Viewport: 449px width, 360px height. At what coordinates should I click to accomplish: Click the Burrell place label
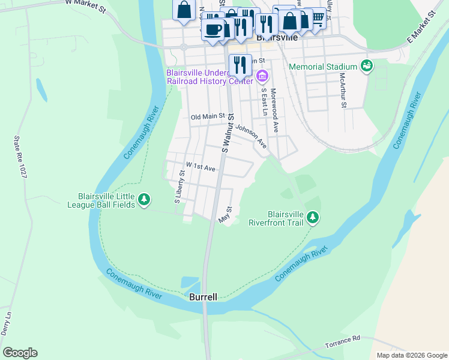pyautogui.click(x=203, y=297)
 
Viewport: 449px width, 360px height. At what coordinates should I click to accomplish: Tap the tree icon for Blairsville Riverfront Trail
pyautogui.click(x=312, y=217)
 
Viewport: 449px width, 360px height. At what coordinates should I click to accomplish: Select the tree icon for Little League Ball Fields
pyautogui.click(x=143, y=199)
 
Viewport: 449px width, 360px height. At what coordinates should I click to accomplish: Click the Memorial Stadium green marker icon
pyautogui.click(x=366, y=66)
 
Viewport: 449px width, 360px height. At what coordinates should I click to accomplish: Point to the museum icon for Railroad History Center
pyautogui.click(x=262, y=76)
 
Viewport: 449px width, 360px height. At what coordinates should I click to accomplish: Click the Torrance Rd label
pyautogui.click(x=342, y=342)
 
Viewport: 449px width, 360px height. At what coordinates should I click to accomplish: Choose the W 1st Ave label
pyautogui.click(x=200, y=166)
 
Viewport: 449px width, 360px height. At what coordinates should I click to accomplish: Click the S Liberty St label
pyautogui.click(x=179, y=187)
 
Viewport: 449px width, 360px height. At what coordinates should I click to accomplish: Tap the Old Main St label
pyautogui.click(x=207, y=116)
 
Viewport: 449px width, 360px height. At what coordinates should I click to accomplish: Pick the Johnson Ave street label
pyautogui.click(x=251, y=136)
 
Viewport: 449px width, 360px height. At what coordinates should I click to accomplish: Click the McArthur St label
pyautogui.click(x=343, y=91)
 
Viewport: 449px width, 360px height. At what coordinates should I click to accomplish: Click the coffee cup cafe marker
pyautogui.click(x=212, y=29)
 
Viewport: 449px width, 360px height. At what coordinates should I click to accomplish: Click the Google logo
pyautogui.click(x=20, y=353)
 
